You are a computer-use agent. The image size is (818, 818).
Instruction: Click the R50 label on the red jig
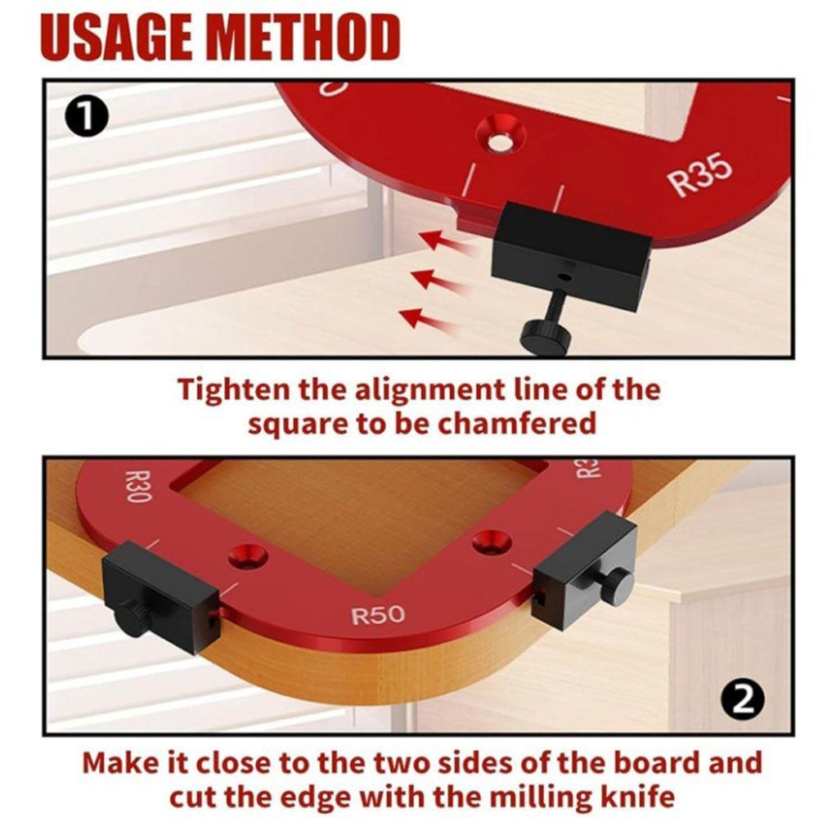click(378, 615)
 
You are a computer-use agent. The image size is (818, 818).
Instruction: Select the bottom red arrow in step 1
click(425, 318)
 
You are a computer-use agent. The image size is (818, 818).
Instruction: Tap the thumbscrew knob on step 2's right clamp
click(617, 584)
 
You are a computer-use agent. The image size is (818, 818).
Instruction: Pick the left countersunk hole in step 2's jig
click(248, 555)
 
